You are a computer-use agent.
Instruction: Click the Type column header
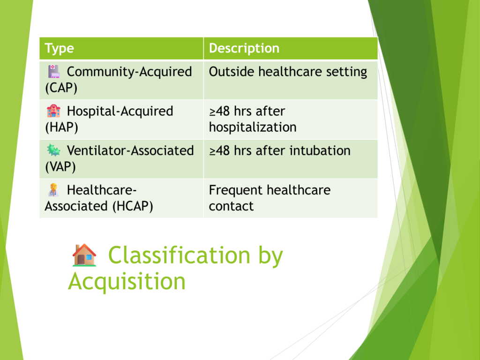pos(60,48)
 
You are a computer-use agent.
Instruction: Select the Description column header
pos(244,48)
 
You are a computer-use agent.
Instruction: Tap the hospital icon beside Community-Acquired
pos(53,71)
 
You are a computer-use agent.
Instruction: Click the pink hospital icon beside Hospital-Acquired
pos(53,111)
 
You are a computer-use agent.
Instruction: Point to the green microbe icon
pos(53,150)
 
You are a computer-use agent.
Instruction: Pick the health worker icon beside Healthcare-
pos(53,190)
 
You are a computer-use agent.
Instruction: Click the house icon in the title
pos(84,255)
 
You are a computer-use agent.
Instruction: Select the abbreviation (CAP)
pos(61,88)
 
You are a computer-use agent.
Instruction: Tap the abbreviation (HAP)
pos(61,127)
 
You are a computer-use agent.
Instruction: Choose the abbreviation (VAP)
pos(60,167)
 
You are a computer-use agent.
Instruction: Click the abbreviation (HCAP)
pos(133,206)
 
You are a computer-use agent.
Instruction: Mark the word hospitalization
pos(253,127)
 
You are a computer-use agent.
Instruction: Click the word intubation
pos(320,150)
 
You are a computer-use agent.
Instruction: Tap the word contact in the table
pos(231,206)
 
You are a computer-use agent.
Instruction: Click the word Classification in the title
pos(179,255)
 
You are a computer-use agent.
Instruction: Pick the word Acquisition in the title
pos(127,282)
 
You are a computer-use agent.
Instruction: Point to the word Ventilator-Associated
pos(130,150)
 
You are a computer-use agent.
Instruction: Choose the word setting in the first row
pos(346,72)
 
